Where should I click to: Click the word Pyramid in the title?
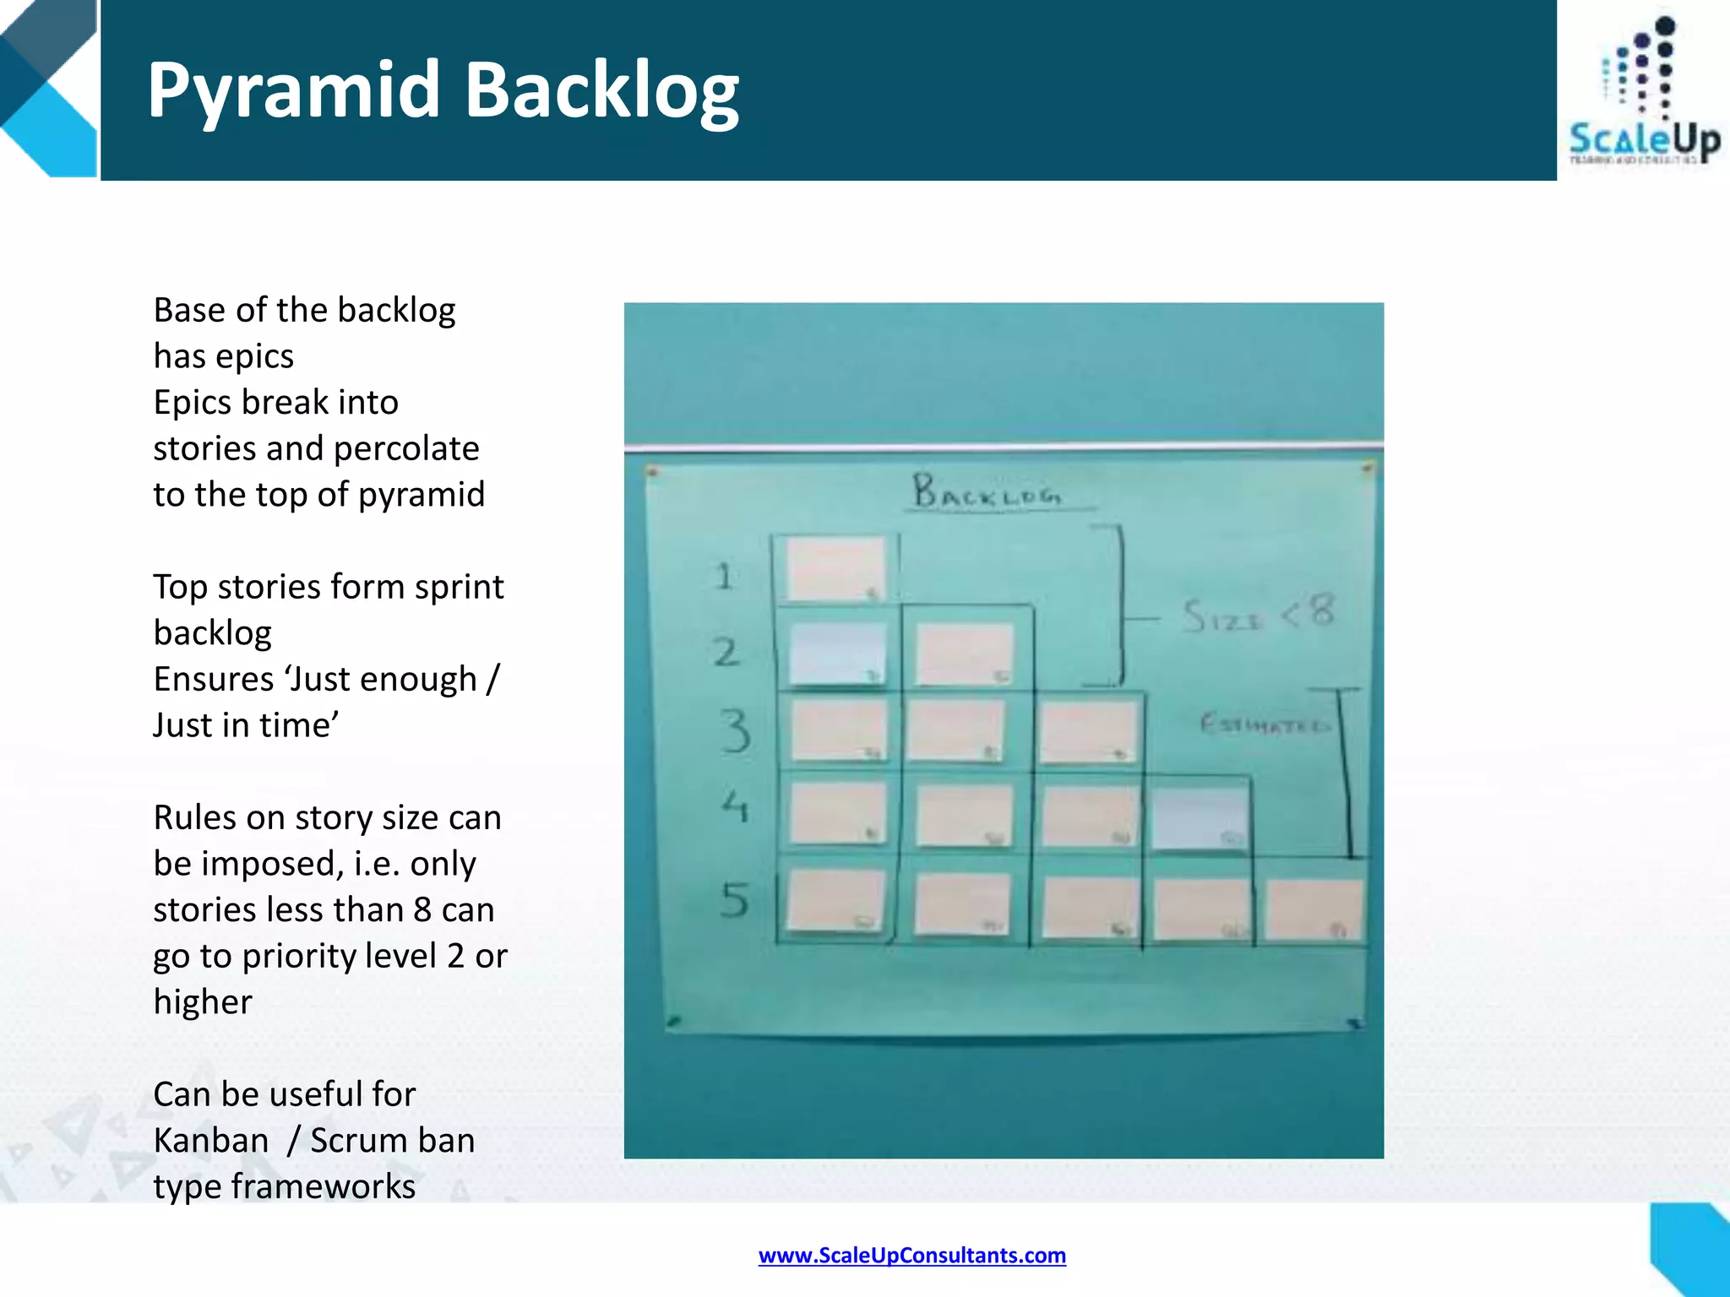(x=293, y=91)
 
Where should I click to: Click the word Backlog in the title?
(x=601, y=91)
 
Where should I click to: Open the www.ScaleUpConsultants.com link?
(x=911, y=1256)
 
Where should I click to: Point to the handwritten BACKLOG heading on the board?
(x=987, y=491)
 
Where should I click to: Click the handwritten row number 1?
(x=723, y=577)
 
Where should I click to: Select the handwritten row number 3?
(x=735, y=730)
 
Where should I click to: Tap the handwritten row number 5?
(x=735, y=900)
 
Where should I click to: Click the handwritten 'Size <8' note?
(x=1259, y=614)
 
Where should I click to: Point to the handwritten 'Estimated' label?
(x=1264, y=724)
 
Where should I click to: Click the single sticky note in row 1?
(x=835, y=569)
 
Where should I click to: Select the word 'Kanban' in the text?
(x=210, y=1141)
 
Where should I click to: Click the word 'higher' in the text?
(x=203, y=1002)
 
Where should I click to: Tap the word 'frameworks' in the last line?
(x=324, y=1186)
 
